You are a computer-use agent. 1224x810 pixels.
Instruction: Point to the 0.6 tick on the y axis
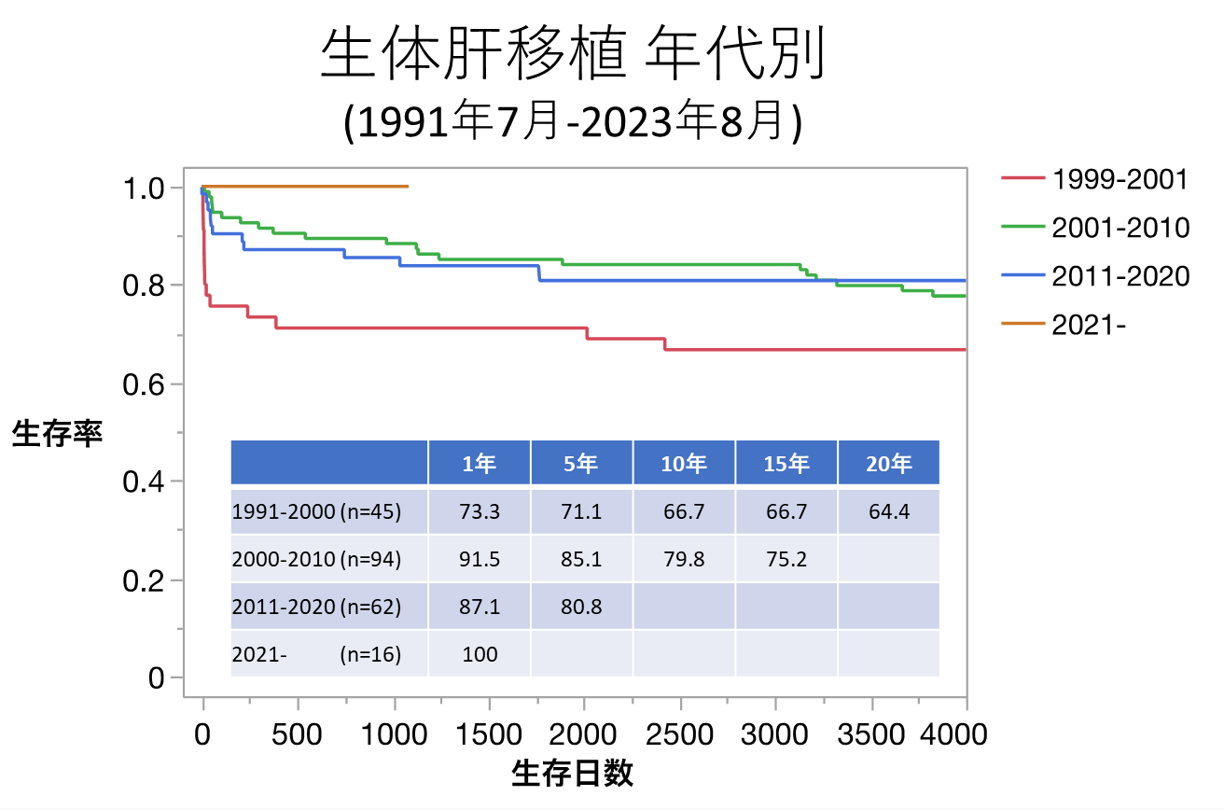144,384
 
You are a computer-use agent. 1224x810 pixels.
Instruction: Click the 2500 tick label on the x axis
680,734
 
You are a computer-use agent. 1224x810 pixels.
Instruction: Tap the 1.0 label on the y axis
144,188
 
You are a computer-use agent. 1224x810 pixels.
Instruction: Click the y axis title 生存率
57,434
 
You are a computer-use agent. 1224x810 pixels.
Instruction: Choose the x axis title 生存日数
573,774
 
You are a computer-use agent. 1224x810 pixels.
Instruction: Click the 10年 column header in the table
684,463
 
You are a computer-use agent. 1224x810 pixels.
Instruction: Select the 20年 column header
888,463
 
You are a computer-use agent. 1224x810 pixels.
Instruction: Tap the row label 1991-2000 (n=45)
316,511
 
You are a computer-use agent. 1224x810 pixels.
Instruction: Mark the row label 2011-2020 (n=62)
316,607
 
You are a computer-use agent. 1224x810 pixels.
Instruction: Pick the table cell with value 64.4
888,511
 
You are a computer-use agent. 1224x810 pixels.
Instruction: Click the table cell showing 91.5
480,559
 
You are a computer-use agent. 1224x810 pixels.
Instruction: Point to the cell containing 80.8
581,607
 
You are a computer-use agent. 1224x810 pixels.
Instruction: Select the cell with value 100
480,654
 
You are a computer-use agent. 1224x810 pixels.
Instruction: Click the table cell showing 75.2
786,559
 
